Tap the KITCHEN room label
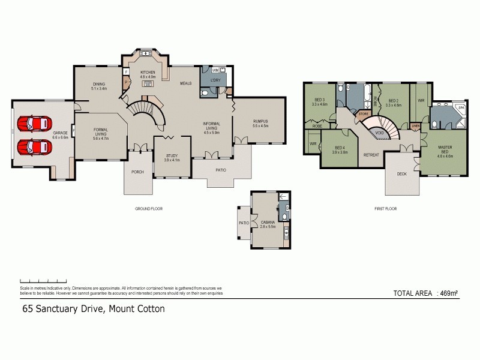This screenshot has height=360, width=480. click(148, 74)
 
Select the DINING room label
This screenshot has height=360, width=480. click(99, 86)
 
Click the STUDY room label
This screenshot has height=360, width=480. click(172, 158)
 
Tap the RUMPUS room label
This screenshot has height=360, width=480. click(260, 124)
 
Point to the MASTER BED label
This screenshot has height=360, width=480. click(445, 149)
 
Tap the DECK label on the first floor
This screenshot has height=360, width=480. click(401, 174)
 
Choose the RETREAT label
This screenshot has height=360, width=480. click(371, 155)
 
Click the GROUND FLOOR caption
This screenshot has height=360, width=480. click(149, 209)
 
